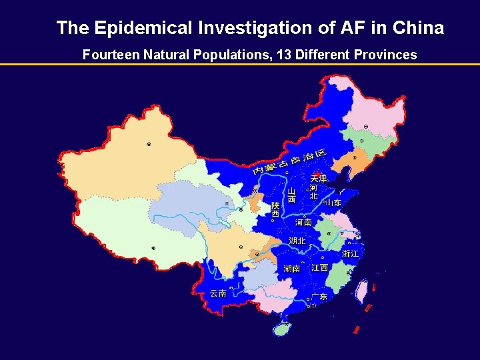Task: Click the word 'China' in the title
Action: pos(418,28)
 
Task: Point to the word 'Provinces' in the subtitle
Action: pos(385,55)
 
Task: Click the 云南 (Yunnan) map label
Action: pos(218,293)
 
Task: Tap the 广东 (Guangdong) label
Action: pos(319,297)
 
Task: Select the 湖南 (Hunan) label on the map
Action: pos(291,269)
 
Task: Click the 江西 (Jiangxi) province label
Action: pos(320,268)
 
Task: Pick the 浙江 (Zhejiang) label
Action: pos(351,254)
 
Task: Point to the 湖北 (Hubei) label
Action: pos(297,241)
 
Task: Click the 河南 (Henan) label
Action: pos(303,222)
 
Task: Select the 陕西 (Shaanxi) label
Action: pos(275,209)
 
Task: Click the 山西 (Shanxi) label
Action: pos(291,195)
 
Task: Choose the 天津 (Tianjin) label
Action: pos(319,179)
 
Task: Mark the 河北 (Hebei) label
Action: pos(313,191)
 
